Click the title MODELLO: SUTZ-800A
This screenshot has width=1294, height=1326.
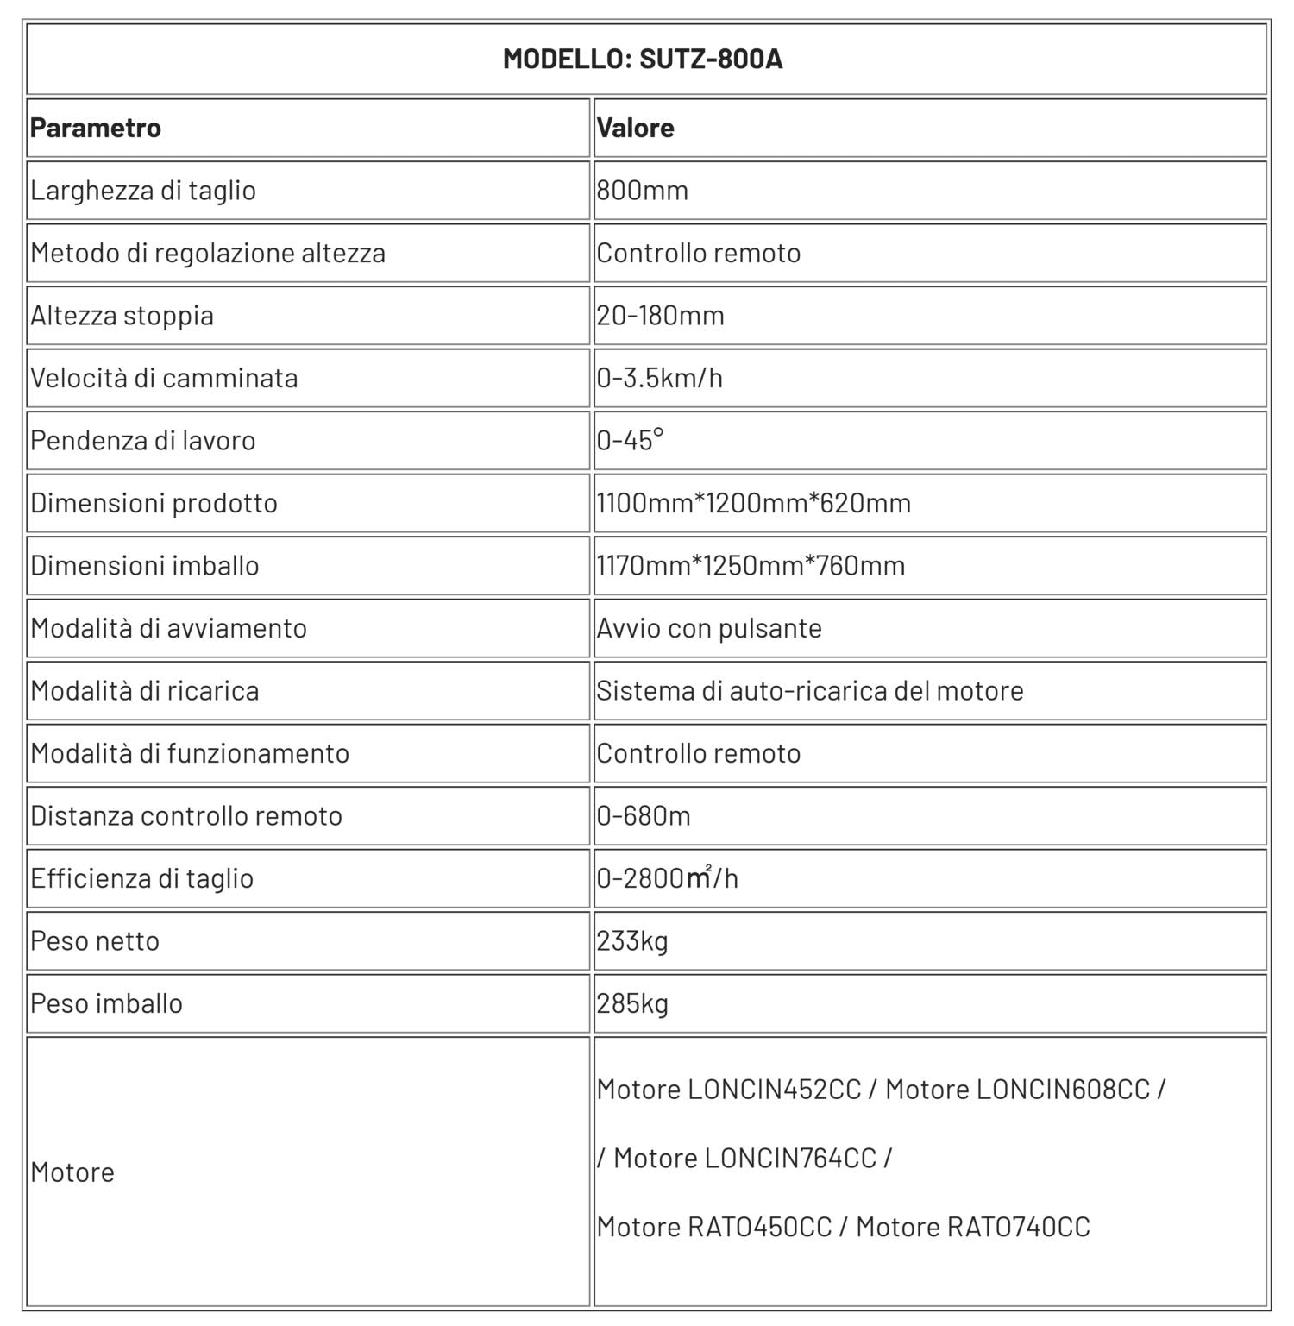coord(643,59)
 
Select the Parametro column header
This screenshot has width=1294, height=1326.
coord(96,128)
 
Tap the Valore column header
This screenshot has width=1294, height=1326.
coord(636,128)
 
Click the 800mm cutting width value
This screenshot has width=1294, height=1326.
coord(643,190)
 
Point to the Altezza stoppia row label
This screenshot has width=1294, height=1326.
coord(122,315)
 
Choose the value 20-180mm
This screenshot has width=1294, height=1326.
coord(661,315)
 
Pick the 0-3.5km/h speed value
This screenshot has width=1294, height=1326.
coord(660,378)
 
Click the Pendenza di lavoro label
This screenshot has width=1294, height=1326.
coord(143,440)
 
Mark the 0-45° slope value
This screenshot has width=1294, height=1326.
coord(631,440)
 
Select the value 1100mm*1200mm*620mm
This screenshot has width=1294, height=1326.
coord(754,503)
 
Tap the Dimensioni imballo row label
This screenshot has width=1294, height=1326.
coord(145,565)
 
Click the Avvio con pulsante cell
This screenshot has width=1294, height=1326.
coord(709,628)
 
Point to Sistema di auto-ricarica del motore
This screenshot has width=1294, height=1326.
coord(810,690)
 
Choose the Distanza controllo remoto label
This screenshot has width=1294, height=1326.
coord(186,815)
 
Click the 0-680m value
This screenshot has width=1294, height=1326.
coord(644,815)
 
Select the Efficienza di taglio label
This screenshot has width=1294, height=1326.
coord(142,878)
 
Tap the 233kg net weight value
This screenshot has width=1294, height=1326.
coord(632,940)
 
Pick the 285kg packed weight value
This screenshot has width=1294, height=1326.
coord(632,1003)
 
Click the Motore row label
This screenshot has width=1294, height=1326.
coord(72,1172)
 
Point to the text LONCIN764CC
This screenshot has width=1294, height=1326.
coord(790,1158)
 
